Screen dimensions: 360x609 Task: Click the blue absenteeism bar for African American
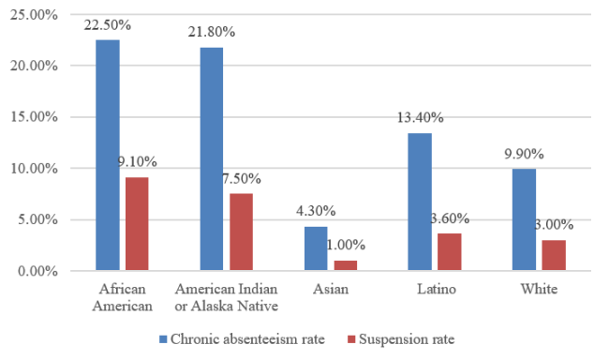click(107, 156)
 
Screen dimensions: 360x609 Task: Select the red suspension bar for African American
click(136, 224)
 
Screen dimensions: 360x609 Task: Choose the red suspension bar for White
click(554, 255)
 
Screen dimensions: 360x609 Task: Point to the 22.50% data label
click(108, 25)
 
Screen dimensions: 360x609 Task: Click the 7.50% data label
click(241, 178)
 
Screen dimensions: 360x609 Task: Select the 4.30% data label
click(317, 212)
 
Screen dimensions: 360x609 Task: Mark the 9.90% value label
click(525, 154)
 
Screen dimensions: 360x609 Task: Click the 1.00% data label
click(346, 245)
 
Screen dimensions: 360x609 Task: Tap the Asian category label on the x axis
click(329, 290)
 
